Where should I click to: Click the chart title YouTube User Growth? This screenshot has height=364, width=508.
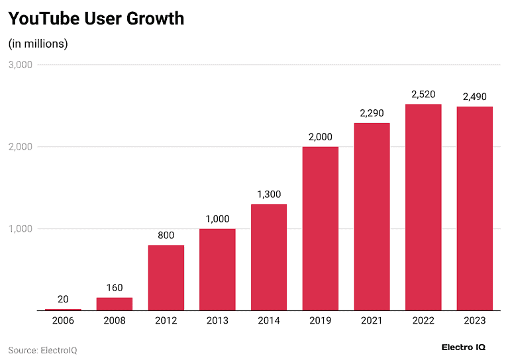click(x=96, y=19)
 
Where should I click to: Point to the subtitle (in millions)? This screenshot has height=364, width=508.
click(x=38, y=44)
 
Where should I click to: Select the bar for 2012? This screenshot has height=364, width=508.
click(x=166, y=278)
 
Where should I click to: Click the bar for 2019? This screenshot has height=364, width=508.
click(x=321, y=228)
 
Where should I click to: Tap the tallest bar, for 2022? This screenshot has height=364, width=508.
click(x=423, y=207)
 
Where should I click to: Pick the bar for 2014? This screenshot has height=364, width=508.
click(x=269, y=257)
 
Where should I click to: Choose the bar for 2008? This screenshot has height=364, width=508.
click(x=115, y=304)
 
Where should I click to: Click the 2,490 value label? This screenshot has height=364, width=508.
click(x=474, y=97)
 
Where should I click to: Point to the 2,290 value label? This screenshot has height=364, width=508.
click(x=372, y=113)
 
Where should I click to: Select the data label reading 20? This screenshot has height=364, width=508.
click(x=63, y=299)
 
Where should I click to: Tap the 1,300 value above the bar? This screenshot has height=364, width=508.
click(x=269, y=195)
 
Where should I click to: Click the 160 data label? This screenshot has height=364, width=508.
click(x=115, y=288)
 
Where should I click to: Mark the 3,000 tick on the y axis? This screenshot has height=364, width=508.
click(x=21, y=65)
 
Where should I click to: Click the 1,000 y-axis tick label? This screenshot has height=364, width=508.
click(x=21, y=229)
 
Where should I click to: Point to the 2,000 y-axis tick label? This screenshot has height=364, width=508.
click(x=21, y=147)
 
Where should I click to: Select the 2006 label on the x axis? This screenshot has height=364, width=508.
click(x=63, y=320)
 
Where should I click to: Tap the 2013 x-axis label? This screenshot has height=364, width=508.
click(x=217, y=320)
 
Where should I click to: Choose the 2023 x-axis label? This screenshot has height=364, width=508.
click(x=474, y=320)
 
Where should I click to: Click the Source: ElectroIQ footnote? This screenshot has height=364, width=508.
click(x=42, y=350)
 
